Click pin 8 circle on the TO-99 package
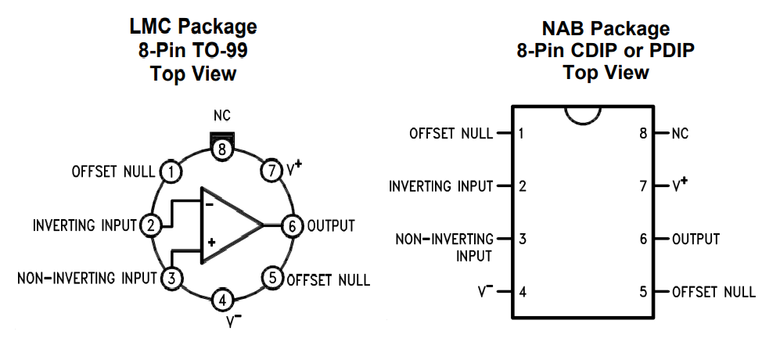pyautogui.click(x=223, y=149)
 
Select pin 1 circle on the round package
pyautogui.click(x=170, y=171)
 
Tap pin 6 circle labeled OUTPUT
pyautogui.click(x=292, y=225)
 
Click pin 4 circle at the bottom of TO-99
pyautogui.click(x=223, y=300)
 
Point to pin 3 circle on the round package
pyautogui.click(x=171, y=278)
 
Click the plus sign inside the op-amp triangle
pyautogui.click(x=210, y=243)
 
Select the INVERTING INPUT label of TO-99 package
pyautogui.click(x=85, y=225)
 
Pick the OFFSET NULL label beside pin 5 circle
pyautogui.click(x=329, y=279)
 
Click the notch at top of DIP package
pyautogui.click(x=584, y=114)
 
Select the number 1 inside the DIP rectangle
pyautogui.click(x=522, y=133)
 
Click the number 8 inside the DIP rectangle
pyautogui.click(x=643, y=133)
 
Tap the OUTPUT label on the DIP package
pyautogui.click(x=696, y=239)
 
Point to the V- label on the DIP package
pyautogui.click(x=485, y=291)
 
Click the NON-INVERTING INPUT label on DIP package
pyautogui.click(x=444, y=247)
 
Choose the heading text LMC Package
pyautogui.click(x=192, y=27)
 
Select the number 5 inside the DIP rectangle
pyautogui.click(x=643, y=292)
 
